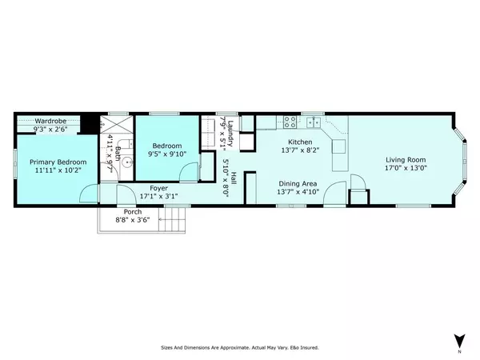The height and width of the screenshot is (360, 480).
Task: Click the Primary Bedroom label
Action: [x=51, y=162]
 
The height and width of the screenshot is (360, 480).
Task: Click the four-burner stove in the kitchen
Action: [x=290, y=122]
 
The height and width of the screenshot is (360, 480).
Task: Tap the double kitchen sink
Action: [x=313, y=122]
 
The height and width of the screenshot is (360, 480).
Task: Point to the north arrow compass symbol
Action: [x=459, y=341]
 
